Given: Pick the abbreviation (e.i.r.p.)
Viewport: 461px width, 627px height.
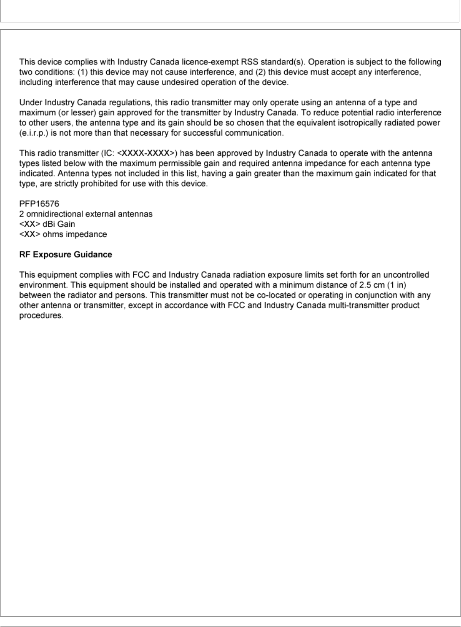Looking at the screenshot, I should tap(33, 133).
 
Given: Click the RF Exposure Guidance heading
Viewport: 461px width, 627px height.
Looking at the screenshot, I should tap(66, 255).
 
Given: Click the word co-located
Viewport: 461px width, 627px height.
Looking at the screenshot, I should tap(274, 295).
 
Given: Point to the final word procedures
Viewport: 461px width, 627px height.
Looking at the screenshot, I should tap(41, 316).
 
